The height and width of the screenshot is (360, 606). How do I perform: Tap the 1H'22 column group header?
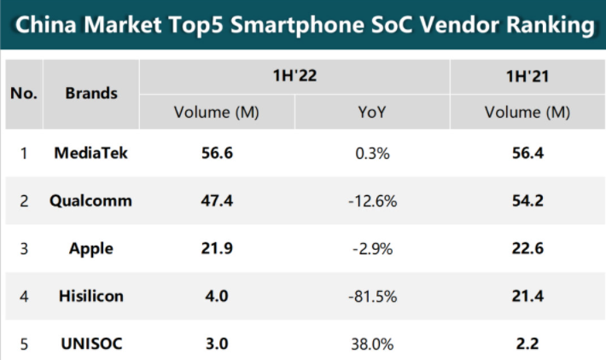pos(294,75)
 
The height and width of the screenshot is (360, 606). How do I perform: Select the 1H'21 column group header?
pos(527,76)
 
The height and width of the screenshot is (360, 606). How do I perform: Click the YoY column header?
pos(372,112)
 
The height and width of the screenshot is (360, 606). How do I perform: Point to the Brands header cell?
pos(91,93)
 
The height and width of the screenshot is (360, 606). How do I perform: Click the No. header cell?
pos(24,93)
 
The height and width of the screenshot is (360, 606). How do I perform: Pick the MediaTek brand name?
pos(90,153)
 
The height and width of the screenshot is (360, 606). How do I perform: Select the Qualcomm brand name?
pos(90,200)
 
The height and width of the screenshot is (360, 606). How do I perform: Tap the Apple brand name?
pos(91,249)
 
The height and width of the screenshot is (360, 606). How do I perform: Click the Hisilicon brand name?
pos(91,296)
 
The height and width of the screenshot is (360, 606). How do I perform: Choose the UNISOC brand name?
pos(91,344)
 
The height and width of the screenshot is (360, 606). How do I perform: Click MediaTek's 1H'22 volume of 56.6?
pos(217,153)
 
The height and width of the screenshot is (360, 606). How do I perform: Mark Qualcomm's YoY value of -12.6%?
pos(373,201)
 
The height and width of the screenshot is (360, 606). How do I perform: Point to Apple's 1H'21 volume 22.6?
pos(527,248)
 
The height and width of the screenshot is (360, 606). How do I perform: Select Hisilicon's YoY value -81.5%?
pos(373,297)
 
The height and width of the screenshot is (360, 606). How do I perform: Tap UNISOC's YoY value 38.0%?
pos(372,344)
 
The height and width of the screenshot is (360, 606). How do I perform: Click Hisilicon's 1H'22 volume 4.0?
pos(217,296)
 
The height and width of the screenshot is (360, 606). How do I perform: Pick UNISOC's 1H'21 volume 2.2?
pos(527,344)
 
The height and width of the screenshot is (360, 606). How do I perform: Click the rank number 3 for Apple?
pos(24,249)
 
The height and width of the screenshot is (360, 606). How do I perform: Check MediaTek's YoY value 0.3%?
pos(372,154)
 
